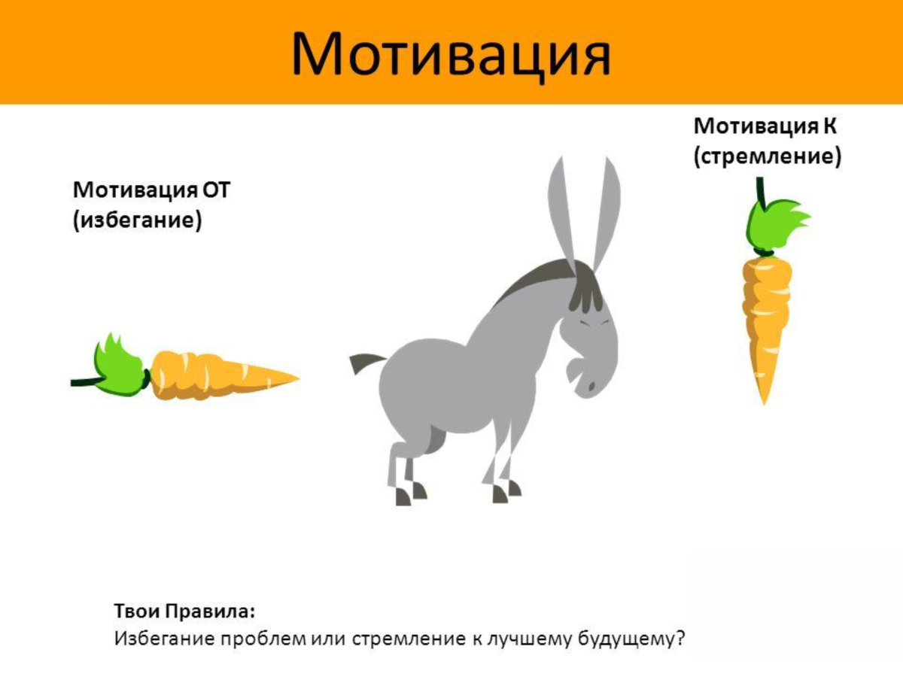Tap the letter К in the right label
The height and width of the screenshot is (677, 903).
coord(829,125)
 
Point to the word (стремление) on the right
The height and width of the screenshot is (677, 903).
coord(767,157)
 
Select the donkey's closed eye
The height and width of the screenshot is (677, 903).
coord(592,323)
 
